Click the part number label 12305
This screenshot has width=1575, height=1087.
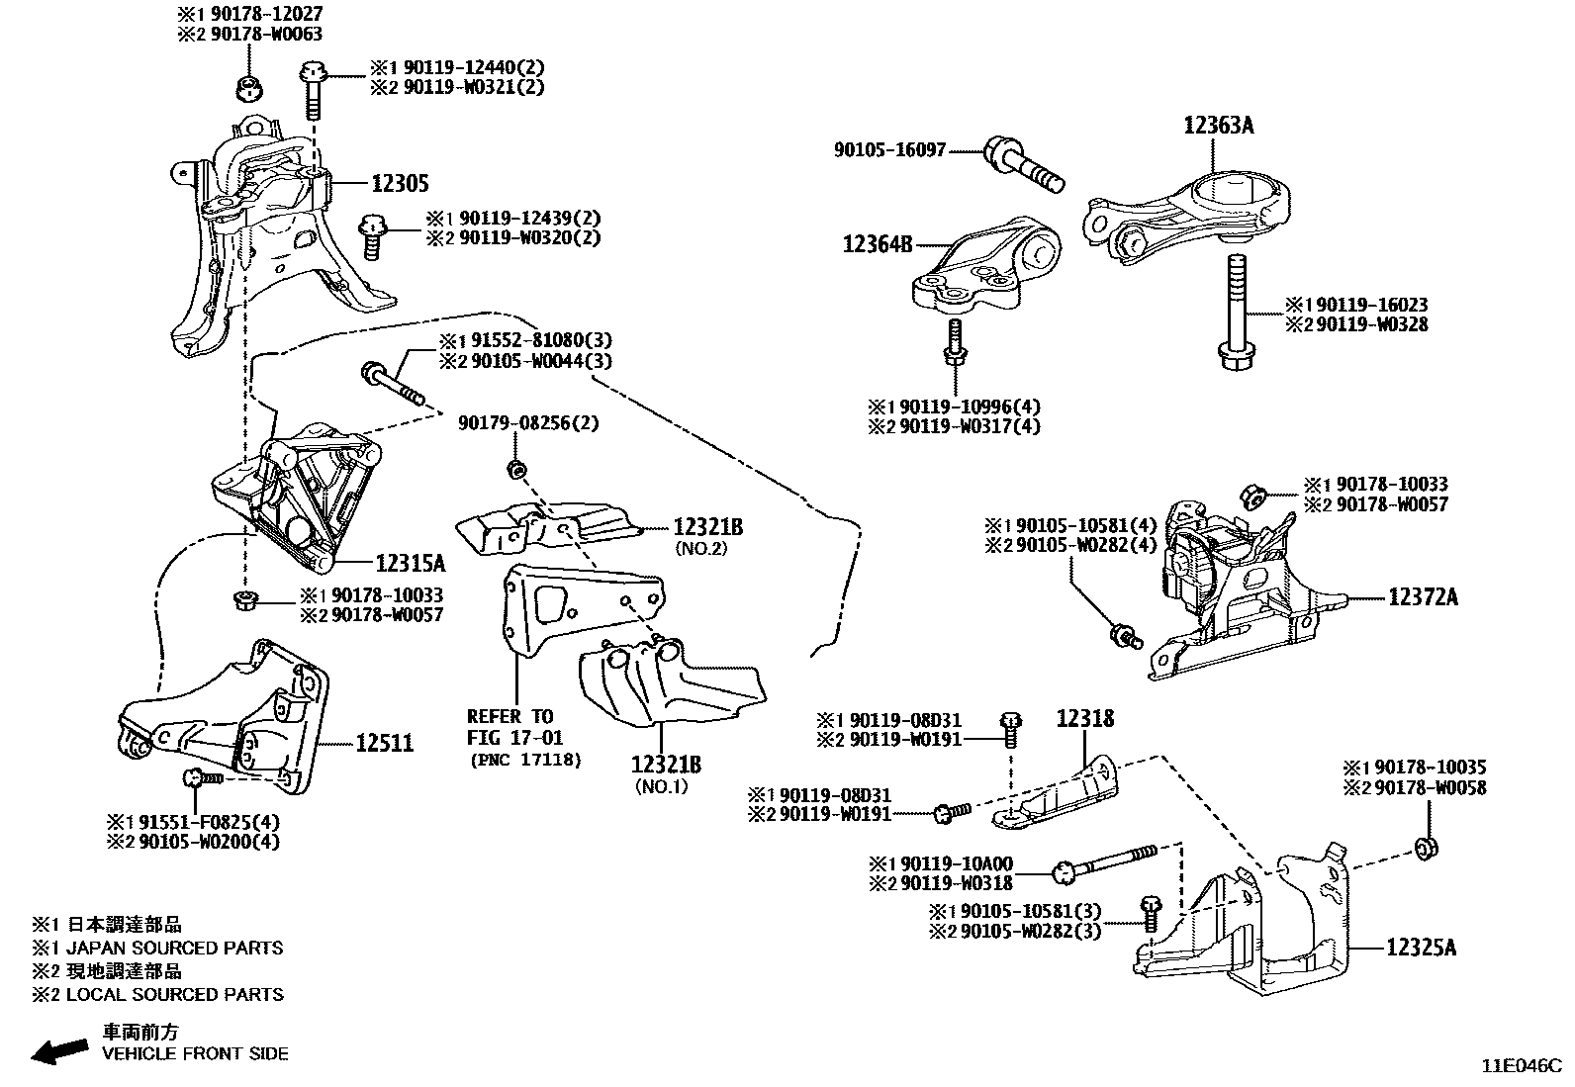tap(400, 183)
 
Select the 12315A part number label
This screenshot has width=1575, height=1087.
tap(411, 564)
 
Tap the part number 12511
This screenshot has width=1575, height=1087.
tap(385, 743)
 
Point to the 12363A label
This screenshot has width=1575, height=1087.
tap(1219, 126)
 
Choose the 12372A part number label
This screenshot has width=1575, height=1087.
tap(1423, 597)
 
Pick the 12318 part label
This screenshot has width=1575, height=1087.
tap(1084, 718)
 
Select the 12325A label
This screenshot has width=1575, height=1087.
tap(1421, 948)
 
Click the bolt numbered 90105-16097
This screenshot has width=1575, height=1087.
tap(1025, 166)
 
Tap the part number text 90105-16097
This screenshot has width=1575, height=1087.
tap(890, 150)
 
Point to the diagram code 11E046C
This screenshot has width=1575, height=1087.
tap(1520, 1066)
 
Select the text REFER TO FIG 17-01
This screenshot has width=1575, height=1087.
tap(510, 726)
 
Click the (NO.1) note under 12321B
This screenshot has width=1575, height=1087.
tap(662, 787)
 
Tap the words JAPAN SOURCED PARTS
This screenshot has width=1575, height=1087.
tap(174, 948)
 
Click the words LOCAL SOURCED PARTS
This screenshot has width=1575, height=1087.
tap(174, 994)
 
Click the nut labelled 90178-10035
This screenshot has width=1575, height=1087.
tap(1426, 847)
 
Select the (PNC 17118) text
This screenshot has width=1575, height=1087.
tap(525, 760)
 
